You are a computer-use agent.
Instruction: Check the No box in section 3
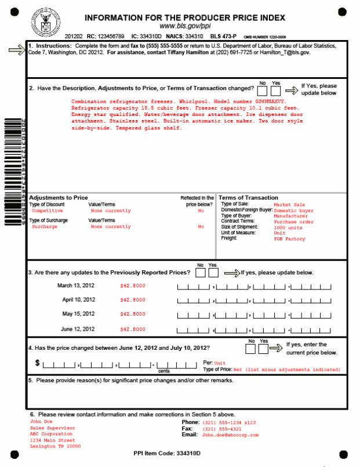click(x=201, y=273)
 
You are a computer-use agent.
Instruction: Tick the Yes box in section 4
click(x=263, y=349)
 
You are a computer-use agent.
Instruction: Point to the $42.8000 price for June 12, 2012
click(x=133, y=329)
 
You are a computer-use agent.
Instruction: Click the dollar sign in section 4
click(x=38, y=363)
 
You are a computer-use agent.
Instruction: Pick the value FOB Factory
click(x=289, y=239)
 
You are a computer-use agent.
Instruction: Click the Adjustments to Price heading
click(x=59, y=198)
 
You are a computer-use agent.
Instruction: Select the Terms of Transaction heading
click(x=249, y=198)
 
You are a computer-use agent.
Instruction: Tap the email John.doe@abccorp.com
click(x=230, y=435)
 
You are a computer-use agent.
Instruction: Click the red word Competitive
click(x=48, y=211)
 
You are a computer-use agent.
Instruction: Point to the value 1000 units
click(x=288, y=227)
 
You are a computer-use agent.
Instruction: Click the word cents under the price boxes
click(x=164, y=370)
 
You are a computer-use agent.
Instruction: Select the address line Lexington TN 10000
click(x=55, y=447)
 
